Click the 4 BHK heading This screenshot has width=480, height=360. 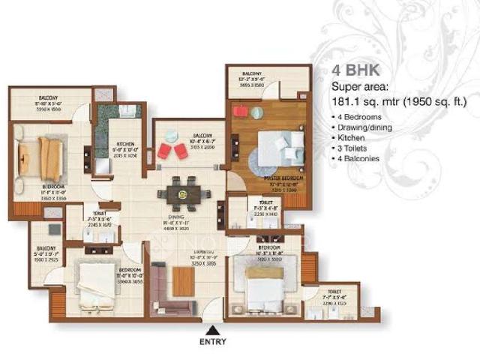click(x=357, y=71)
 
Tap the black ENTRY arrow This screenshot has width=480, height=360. click(x=214, y=330)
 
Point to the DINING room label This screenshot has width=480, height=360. click(x=177, y=217)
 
